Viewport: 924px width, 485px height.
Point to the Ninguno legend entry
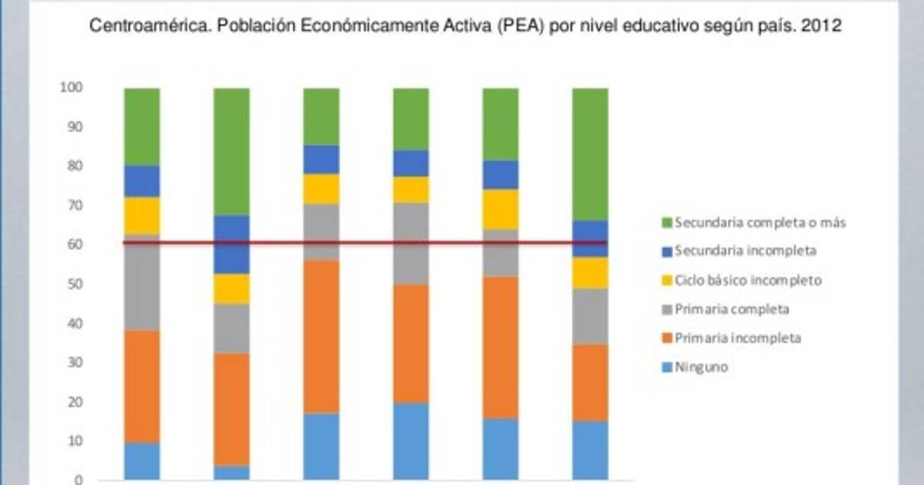(x=700, y=367)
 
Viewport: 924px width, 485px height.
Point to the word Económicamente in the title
(x=367, y=26)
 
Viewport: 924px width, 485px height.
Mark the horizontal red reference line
(x=366, y=243)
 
